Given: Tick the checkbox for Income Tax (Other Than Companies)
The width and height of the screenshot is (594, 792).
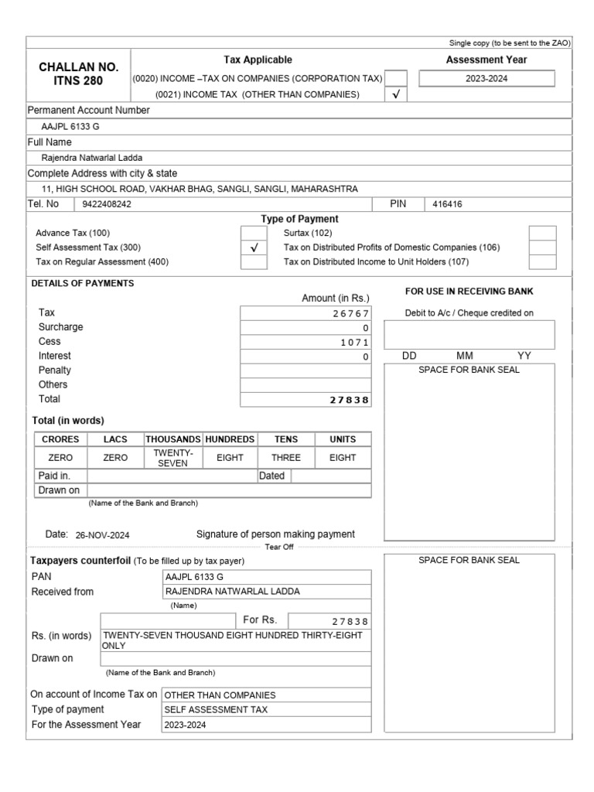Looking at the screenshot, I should click(395, 94).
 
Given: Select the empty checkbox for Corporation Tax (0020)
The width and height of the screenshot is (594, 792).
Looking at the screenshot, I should click(395, 78).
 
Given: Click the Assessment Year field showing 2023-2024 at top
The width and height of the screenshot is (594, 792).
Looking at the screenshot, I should click(486, 78).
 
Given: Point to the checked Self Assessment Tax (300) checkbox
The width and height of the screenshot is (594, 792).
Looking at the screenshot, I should click(253, 248).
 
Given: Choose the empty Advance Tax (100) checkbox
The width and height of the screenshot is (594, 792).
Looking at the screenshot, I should click(253, 233).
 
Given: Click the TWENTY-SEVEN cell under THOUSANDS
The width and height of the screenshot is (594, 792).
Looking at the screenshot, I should click(172, 457).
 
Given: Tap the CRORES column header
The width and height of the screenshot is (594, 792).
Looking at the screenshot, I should click(60, 439).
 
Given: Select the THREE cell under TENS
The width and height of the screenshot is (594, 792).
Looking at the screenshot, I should click(285, 458).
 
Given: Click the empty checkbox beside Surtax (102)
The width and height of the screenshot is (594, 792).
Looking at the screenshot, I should click(542, 233).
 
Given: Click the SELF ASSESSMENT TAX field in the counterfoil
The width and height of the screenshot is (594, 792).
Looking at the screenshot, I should click(208, 710).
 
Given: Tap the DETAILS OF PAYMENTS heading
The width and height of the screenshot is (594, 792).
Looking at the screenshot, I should click(82, 284).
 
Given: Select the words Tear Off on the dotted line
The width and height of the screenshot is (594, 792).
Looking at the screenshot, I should click(279, 547).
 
